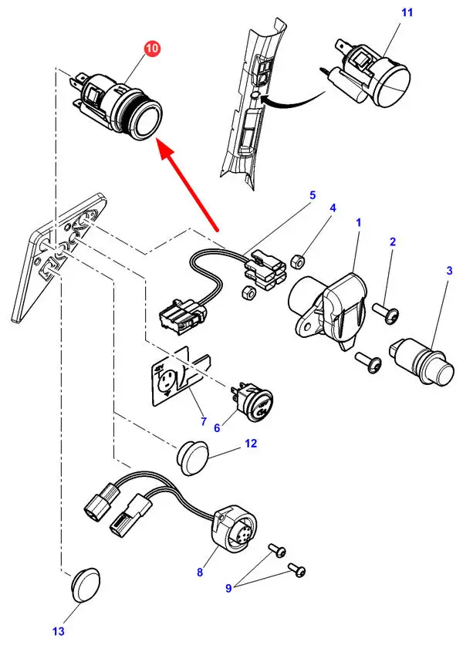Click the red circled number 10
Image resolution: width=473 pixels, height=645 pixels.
(152, 49)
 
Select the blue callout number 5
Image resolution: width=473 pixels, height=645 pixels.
(313, 195)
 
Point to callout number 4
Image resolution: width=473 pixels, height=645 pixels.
(333, 208)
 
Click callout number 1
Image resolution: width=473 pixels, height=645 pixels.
(359, 222)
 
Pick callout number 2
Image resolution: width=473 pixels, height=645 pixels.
(392, 242)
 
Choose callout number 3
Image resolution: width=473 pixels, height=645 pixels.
(449, 271)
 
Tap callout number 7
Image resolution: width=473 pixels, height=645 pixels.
(204, 421)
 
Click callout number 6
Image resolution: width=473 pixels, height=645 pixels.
(217, 426)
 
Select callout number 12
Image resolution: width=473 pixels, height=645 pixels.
(250, 444)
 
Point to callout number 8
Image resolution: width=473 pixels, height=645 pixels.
(199, 572)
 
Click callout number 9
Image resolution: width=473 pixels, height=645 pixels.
(228, 589)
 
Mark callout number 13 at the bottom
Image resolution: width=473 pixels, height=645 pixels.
(59, 632)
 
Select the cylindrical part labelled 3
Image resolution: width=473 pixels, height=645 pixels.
(421, 356)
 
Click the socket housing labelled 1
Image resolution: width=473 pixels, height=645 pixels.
(324, 305)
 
